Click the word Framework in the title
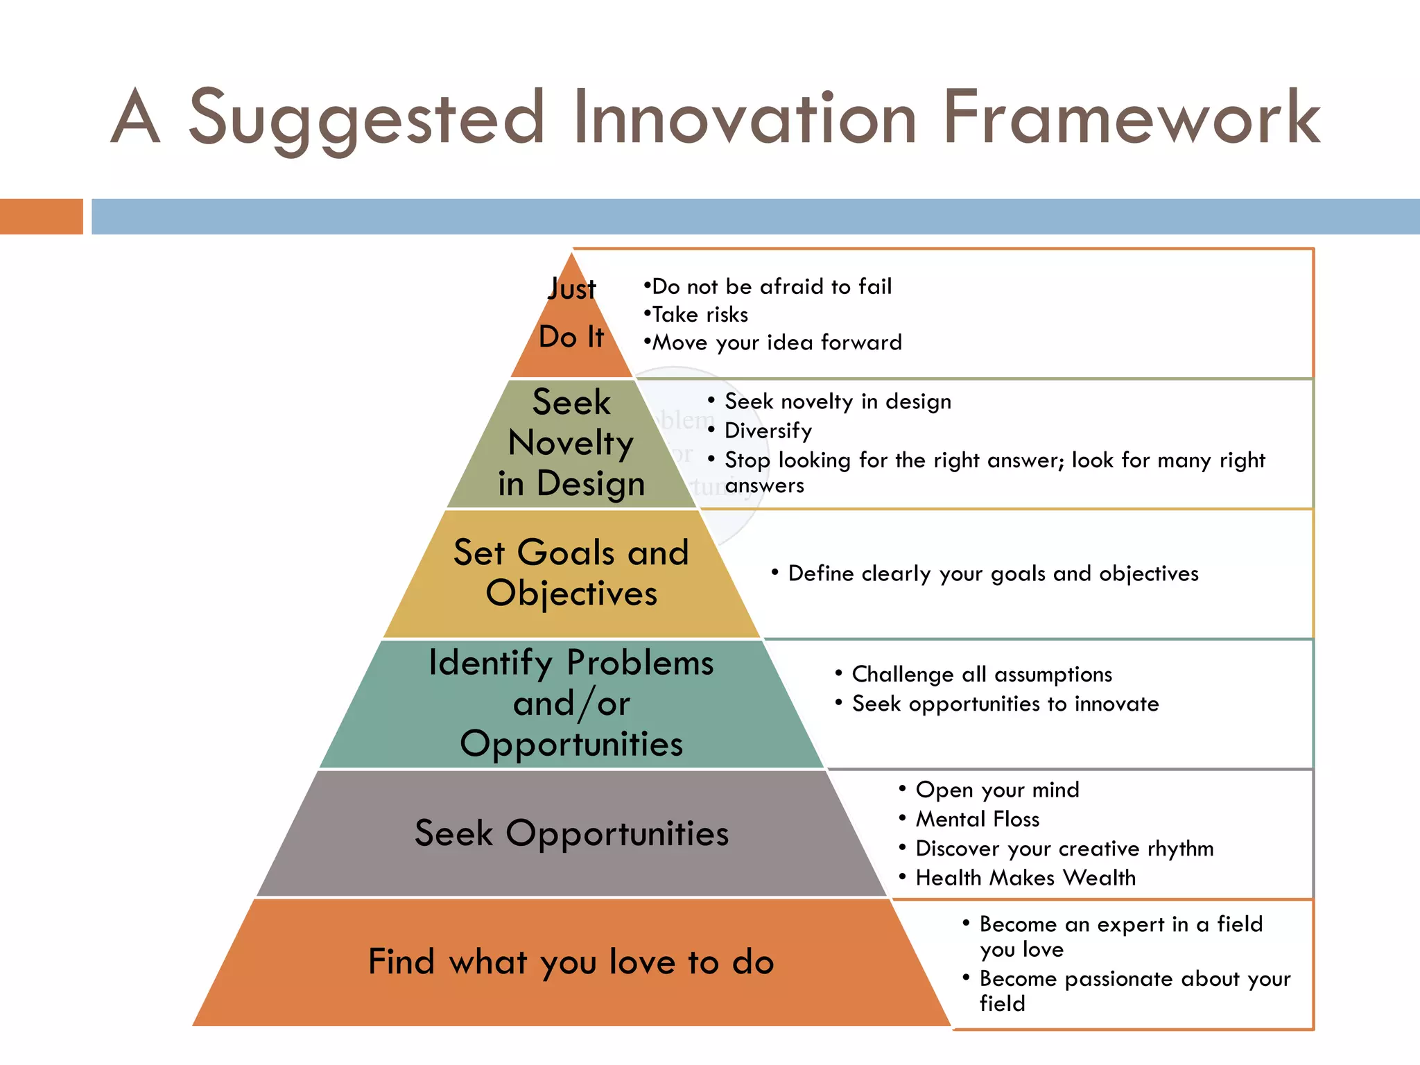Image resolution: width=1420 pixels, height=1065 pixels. pos(1131,118)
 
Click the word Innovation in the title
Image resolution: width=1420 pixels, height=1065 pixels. pos(745,118)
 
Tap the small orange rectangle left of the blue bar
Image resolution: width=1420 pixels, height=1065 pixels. pos(41,216)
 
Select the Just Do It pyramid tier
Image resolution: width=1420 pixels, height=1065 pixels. pos(571,315)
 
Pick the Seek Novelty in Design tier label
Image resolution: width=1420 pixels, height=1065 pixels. pos(571,442)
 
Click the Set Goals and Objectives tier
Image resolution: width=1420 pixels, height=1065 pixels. pos(571,573)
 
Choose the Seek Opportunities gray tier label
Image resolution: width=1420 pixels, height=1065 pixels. pos(571,833)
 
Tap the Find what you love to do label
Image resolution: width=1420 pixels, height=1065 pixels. pos(571,962)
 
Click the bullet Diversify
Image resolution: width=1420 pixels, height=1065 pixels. pos(768,431)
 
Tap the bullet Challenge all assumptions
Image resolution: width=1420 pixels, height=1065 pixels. pos(981,674)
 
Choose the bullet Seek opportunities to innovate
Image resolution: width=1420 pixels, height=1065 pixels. pos(1005,704)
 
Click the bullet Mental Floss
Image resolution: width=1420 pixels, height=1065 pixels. pos(977,819)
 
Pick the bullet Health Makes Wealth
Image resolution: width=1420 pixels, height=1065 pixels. pos(1025,878)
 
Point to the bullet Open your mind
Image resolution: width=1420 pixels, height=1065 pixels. pos(997,790)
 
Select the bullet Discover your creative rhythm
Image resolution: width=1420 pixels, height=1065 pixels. pos(1064,849)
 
